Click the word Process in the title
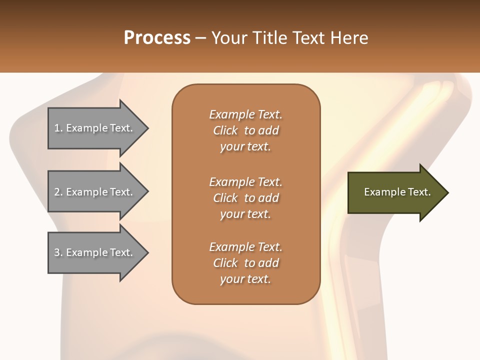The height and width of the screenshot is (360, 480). point(157,38)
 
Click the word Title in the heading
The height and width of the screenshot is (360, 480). point(270,38)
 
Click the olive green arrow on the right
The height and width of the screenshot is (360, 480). point(395,192)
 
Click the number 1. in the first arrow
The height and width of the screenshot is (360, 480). point(58,128)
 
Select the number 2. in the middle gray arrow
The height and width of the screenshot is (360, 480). point(58,192)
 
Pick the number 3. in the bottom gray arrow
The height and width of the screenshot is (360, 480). point(58,252)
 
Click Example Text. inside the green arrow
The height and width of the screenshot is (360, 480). point(397,192)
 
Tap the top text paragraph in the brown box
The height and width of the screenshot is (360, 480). point(245,130)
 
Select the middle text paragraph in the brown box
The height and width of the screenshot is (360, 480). point(245,197)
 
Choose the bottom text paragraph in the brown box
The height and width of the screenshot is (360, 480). point(245,262)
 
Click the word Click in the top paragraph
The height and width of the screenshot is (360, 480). point(225,130)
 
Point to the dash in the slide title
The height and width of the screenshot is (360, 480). point(201,38)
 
